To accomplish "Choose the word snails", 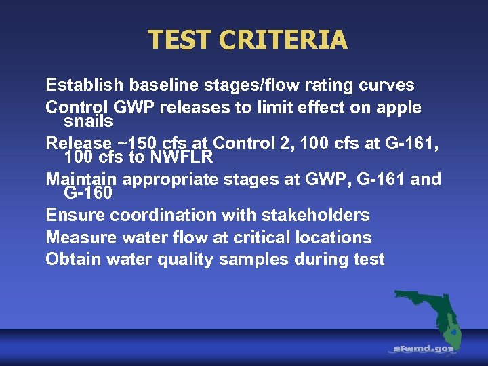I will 88,122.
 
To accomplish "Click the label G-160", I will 88,194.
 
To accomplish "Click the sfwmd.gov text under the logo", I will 424,348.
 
